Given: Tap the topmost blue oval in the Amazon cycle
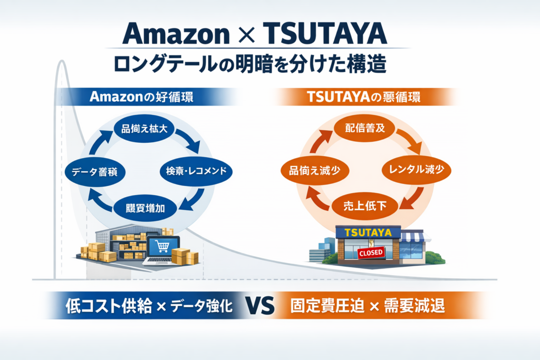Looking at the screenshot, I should [x=144, y=129].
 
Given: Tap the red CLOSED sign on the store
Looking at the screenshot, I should [x=371, y=252].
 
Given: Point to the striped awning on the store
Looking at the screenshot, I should [x=412, y=237].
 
